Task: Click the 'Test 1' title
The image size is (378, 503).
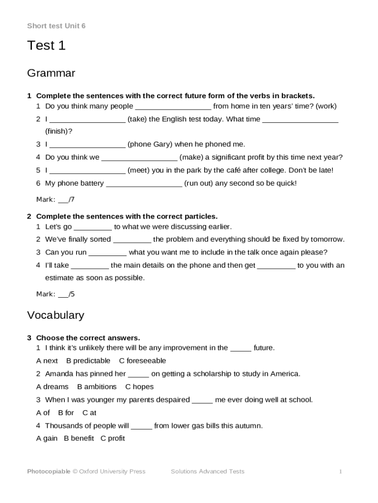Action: coord(46,46)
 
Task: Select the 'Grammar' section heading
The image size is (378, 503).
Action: coord(51,74)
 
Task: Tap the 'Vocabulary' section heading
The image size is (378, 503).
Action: coord(55,315)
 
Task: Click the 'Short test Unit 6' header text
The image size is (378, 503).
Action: coord(56,26)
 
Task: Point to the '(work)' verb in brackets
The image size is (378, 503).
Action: coord(326,106)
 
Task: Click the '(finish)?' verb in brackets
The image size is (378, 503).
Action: coord(58,131)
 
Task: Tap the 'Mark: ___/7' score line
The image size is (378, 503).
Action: coord(55,199)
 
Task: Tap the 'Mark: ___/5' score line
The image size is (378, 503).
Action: coord(55,294)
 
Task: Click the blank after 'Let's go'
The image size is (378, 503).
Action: coord(93,227)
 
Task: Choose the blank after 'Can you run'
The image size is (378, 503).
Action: coord(108,252)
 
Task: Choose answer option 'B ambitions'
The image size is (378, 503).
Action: coord(97,387)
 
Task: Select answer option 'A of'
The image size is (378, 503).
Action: coord(43,413)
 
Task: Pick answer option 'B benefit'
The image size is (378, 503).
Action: coord(79,439)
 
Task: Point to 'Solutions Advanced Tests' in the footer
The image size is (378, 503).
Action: coord(207,472)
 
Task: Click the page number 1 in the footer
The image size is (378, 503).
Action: coord(340,472)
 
